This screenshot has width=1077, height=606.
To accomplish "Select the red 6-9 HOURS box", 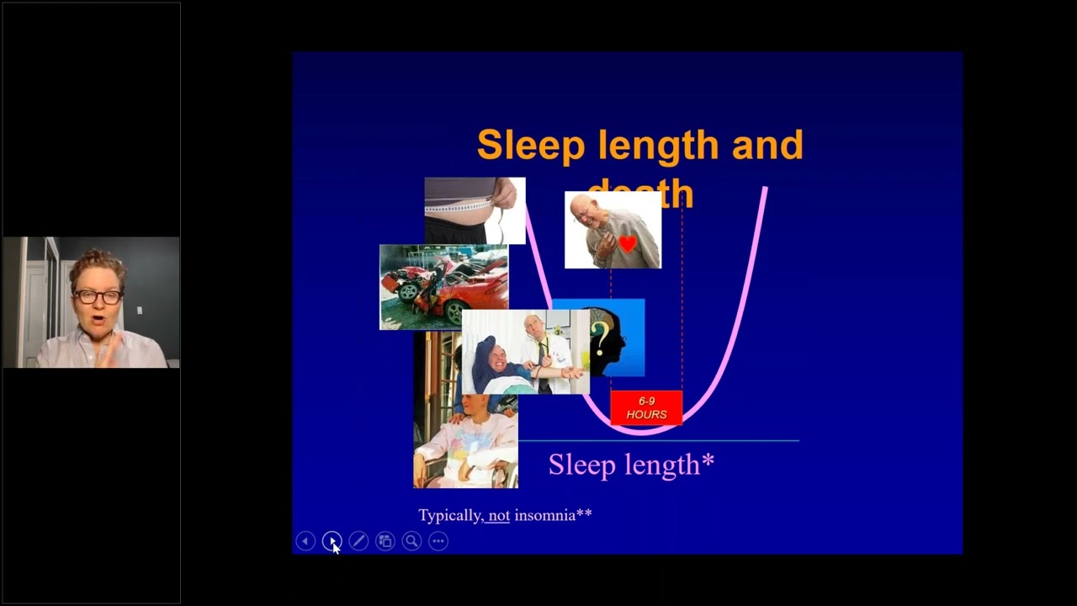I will [646, 408].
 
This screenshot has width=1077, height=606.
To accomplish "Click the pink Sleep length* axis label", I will [631, 464].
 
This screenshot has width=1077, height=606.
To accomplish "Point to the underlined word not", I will [499, 515].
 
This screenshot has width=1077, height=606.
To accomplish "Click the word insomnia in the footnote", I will [545, 515].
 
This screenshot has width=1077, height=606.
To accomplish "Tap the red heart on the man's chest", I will [627, 244].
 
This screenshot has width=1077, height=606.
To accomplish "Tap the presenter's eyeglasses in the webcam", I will [98, 296].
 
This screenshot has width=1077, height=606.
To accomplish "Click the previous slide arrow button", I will [305, 541].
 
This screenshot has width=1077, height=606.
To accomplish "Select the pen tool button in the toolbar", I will [358, 541].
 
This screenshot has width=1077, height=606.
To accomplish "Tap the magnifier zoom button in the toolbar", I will [411, 541].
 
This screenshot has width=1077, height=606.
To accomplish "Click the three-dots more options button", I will [438, 541].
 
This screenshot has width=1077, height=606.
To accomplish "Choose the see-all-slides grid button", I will [385, 541].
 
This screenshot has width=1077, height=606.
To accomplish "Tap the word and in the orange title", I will [767, 146].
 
